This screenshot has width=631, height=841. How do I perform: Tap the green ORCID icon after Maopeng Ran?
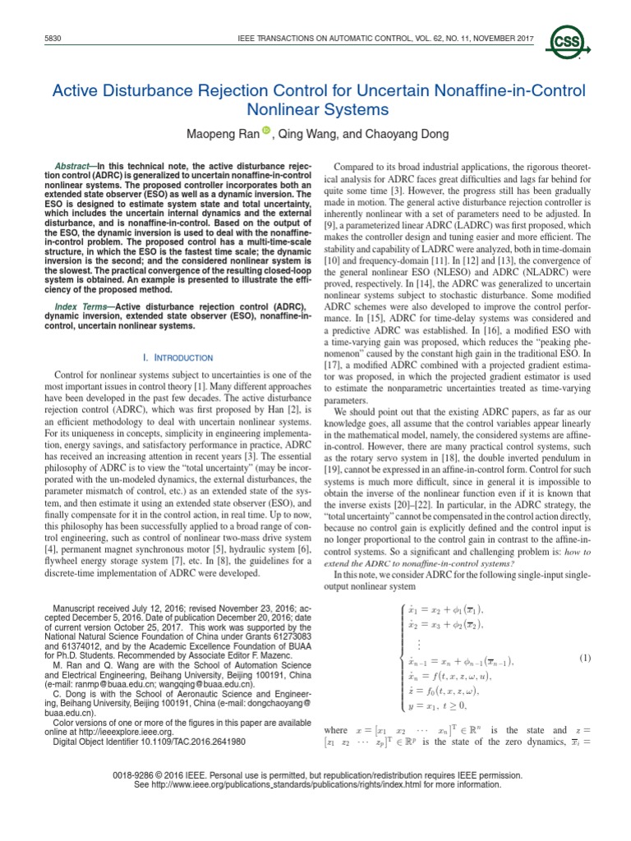coord(265,130)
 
